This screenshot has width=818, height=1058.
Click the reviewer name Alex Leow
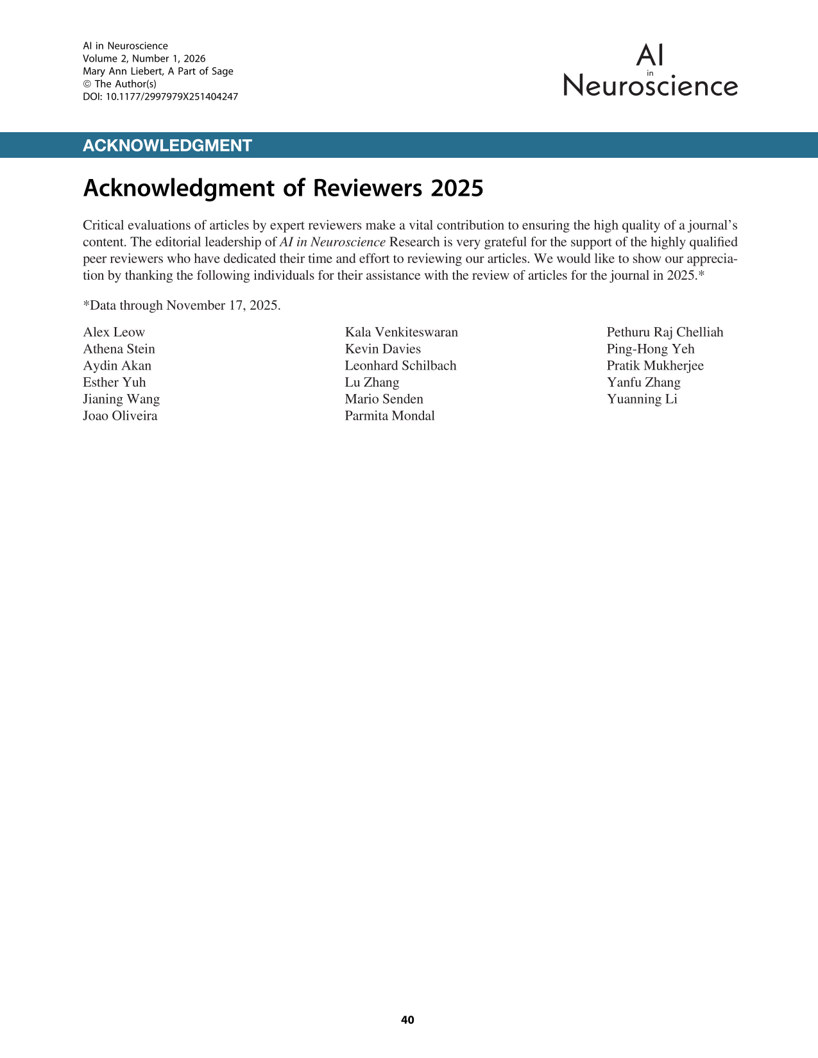pos(114,332)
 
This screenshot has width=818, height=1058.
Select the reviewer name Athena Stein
pos(119,349)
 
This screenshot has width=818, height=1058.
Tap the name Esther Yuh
pos(114,382)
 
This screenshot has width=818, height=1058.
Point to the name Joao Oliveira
pos(120,416)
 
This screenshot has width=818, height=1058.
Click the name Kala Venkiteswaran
pos(402,332)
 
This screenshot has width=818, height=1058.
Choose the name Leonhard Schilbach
pos(400,366)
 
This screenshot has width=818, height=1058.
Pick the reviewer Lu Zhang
pos(372,382)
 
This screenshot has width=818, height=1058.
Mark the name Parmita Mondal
pos(389,416)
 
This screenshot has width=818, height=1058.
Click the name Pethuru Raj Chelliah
pos(665,332)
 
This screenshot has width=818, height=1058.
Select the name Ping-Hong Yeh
pos(651,349)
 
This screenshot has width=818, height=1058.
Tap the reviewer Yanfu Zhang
pos(643,382)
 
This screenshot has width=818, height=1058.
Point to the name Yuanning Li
pos(642,399)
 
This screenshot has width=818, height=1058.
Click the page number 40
pos(407,1020)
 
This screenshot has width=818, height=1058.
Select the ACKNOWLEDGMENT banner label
pos(167,146)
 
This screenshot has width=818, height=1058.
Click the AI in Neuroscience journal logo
pos(651,71)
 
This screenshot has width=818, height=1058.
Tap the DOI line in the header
pos(160,97)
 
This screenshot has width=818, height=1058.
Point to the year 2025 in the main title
pos(457,189)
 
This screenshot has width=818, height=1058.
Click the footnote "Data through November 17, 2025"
pos(182,305)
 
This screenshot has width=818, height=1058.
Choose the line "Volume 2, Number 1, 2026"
pos(144,58)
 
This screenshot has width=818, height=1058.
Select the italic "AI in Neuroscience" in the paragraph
pos(332,243)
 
